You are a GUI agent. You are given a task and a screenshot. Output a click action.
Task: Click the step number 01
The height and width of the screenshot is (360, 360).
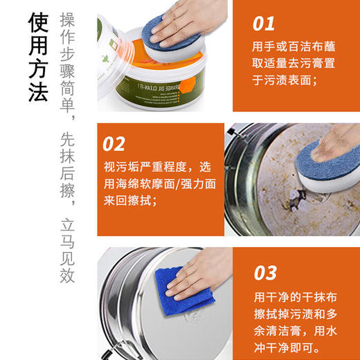(263, 24)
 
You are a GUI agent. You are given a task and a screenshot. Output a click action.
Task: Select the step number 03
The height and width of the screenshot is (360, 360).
(265, 271)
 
